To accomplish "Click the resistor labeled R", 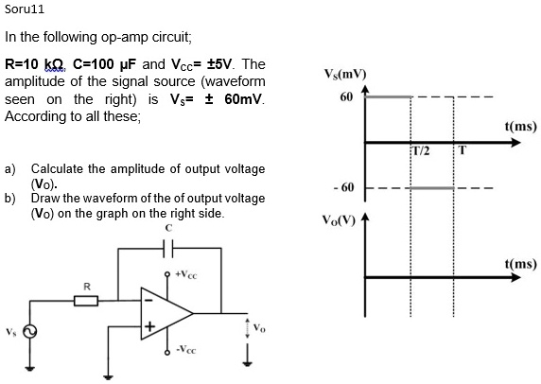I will click(x=86, y=301).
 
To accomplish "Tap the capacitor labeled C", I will click(x=168, y=247).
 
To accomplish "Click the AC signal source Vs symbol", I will click(x=29, y=332).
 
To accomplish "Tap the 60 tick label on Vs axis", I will click(x=345, y=96).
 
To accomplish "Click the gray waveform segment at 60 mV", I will click(x=388, y=96).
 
